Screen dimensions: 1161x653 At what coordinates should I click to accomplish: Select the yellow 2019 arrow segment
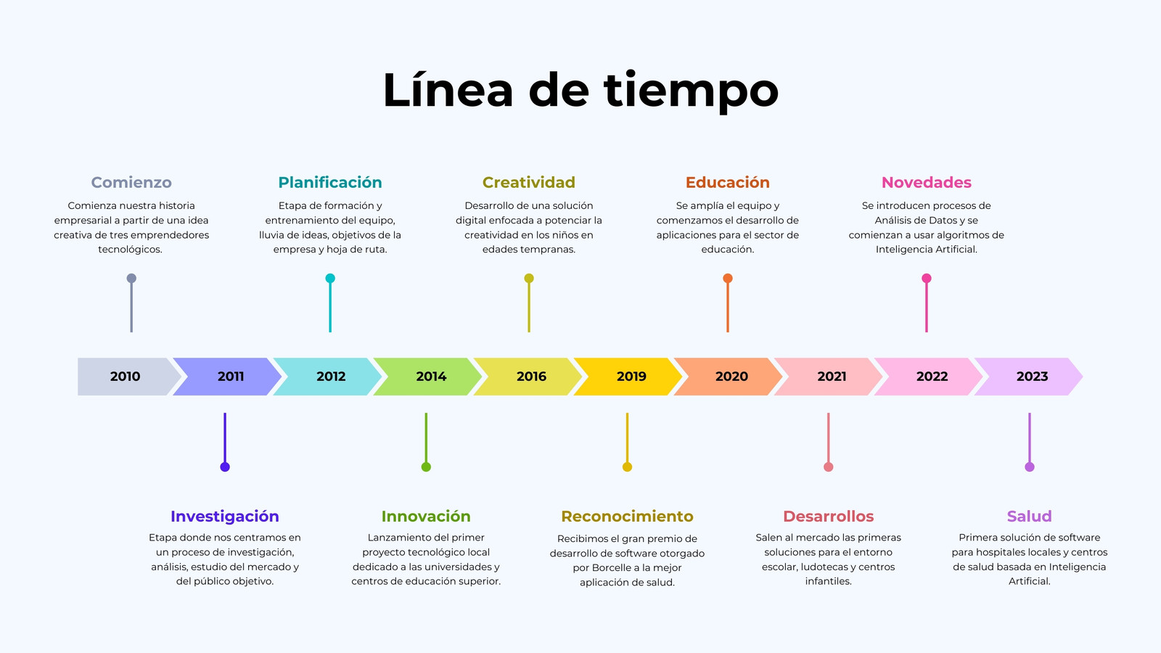[628, 377]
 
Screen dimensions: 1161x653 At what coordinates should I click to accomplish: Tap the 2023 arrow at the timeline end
[1029, 377]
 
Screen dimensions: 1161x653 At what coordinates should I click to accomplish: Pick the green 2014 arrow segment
[427, 377]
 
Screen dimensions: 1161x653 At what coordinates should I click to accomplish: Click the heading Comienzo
[131, 182]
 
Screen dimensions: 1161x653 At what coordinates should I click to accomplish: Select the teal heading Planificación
[330, 182]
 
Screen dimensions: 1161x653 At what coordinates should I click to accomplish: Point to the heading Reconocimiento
[627, 516]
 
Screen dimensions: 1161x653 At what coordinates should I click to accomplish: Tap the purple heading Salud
[1030, 516]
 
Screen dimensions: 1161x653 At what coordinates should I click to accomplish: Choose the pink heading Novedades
[926, 182]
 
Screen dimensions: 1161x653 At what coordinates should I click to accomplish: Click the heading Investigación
[225, 517]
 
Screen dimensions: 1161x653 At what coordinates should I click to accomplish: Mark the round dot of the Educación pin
[728, 279]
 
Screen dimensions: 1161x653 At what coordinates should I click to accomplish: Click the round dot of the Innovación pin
[426, 467]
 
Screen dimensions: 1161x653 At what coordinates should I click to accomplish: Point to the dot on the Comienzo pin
[131, 279]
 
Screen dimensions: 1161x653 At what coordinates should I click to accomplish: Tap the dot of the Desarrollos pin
[828, 467]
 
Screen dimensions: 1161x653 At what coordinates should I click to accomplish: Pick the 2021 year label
[832, 377]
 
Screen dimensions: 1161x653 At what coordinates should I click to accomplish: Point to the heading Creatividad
[529, 182]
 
